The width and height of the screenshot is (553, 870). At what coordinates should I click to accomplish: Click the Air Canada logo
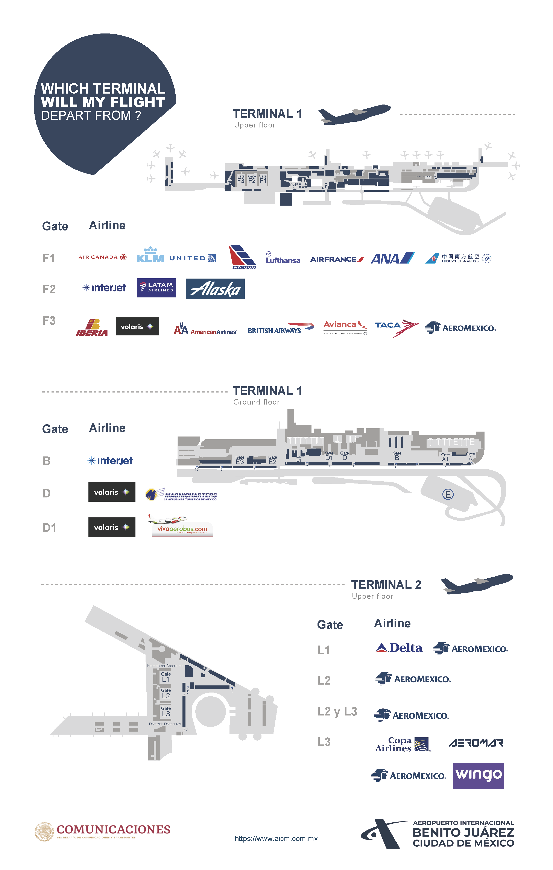tap(102, 257)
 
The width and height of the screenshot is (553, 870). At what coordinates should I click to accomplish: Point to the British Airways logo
tap(281, 328)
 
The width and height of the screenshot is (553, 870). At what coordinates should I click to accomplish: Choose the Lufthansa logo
tap(283, 258)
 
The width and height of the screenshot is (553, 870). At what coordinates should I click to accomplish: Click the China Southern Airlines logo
tap(458, 258)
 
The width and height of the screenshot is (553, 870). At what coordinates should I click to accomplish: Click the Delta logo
tap(399, 648)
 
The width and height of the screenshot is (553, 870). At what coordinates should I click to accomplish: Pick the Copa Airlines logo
tap(403, 745)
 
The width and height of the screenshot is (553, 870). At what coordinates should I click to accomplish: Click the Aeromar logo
tap(476, 743)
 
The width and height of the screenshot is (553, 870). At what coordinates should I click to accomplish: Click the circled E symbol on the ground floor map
tap(448, 494)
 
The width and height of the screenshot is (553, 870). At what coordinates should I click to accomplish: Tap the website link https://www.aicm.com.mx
tap(276, 839)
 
